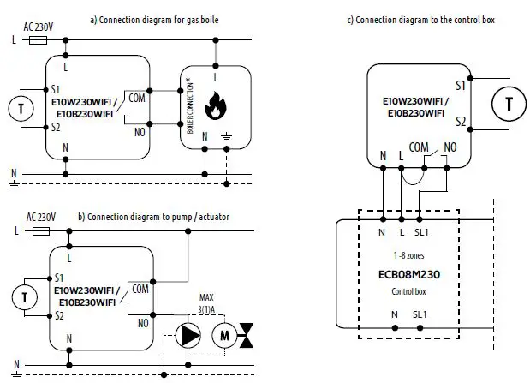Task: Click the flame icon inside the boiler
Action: [215, 105]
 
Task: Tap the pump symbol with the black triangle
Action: [188, 335]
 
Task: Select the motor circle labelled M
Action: [224, 335]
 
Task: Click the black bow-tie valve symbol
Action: [247, 335]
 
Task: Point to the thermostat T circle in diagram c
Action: [509, 104]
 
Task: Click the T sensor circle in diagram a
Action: [21, 109]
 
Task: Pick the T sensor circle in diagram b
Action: [25, 297]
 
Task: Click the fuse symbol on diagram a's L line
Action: [38, 40]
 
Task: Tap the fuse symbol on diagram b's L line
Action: [41, 231]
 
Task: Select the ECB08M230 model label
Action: [409, 274]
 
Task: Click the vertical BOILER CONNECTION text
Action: [189, 105]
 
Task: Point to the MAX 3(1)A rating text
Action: [206, 303]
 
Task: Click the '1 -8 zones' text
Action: [408, 255]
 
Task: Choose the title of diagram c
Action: [421, 20]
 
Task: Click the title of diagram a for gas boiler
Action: [154, 20]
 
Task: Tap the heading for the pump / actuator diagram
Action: [154, 217]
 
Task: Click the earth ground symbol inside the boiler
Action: [226, 137]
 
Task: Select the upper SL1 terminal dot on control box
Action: [420, 219]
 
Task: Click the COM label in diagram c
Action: [419, 147]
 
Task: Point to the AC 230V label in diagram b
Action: [41, 218]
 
